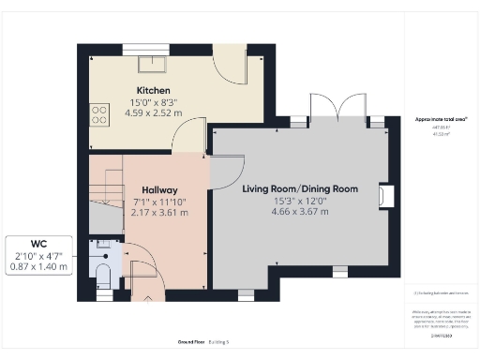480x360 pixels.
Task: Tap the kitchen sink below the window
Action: [150, 64]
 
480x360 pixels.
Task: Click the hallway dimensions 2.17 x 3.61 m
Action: [160, 213]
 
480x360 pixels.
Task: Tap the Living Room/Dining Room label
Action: [300, 189]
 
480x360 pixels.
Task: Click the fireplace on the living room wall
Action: [384, 195]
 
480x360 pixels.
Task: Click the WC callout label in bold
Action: [37, 242]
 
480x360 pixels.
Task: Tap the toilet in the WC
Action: [103, 273]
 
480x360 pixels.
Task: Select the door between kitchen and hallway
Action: [190, 141]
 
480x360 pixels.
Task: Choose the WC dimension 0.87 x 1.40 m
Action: [37, 267]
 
